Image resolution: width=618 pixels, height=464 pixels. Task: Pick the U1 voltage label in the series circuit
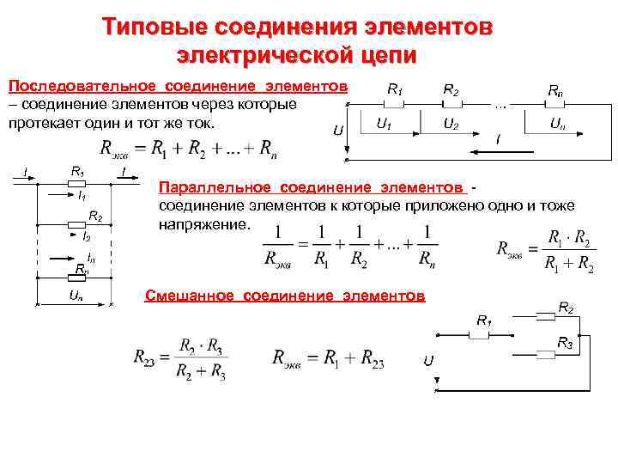[x=384, y=124]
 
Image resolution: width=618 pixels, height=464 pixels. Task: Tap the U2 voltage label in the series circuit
[x=449, y=124]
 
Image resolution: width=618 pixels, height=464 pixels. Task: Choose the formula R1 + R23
[x=328, y=359]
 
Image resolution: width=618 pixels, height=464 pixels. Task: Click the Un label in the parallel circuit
[x=76, y=295]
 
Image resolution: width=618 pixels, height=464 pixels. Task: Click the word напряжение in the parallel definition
[x=205, y=222]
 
